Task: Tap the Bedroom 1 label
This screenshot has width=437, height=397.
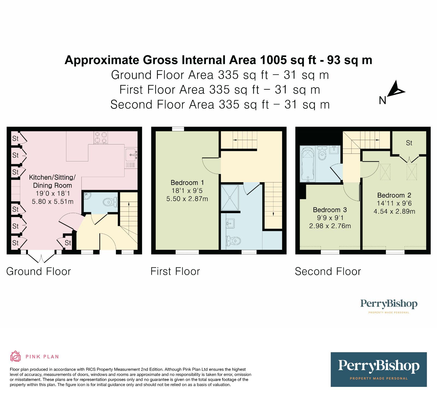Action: (187, 182)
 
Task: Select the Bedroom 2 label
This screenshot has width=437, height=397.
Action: (394, 195)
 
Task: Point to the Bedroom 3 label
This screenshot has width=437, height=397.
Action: (330, 210)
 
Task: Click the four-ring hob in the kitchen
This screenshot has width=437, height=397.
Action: (101, 137)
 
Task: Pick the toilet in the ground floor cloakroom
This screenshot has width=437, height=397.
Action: (110, 202)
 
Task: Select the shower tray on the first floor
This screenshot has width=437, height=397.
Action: (230, 198)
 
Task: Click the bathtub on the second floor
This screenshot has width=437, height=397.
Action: (308, 164)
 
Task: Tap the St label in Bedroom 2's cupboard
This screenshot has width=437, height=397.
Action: (409, 143)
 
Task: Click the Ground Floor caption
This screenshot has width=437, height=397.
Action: (39, 271)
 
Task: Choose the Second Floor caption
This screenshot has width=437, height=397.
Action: (328, 271)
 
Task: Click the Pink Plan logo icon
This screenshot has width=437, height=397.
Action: (15, 356)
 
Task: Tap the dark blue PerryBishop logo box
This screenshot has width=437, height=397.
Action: (379, 369)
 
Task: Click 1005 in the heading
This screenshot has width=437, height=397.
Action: (273, 60)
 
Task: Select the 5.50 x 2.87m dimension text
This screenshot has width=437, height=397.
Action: (187, 199)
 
